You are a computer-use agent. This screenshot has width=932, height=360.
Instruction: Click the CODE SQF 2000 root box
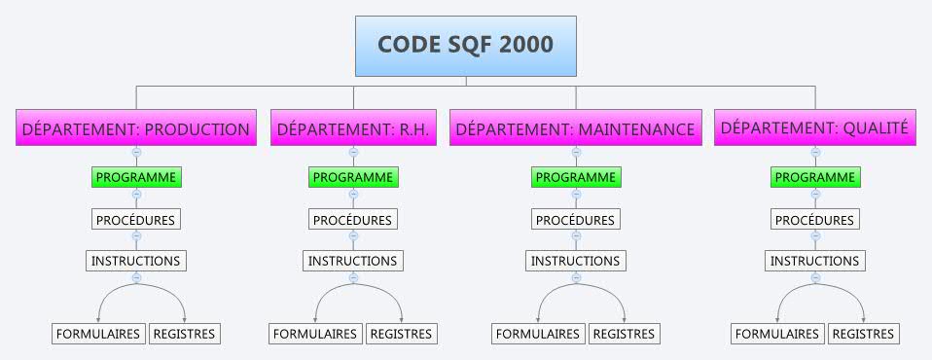(465, 46)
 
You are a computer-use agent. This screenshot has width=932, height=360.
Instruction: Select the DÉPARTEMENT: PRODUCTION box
(136, 128)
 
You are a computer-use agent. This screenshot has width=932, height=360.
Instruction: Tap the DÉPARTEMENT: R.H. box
(353, 128)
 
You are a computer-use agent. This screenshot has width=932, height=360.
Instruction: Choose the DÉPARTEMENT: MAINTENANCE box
(576, 128)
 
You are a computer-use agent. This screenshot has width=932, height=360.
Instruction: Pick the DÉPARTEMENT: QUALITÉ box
(815, 127)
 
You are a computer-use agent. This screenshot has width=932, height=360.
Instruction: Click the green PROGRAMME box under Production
(136, 177)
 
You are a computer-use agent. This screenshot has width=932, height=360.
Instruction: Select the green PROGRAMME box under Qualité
(815, 177)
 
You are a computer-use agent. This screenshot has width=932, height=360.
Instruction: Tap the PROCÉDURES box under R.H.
(353, 220)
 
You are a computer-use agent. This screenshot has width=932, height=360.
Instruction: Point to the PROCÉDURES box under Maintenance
(576, 220)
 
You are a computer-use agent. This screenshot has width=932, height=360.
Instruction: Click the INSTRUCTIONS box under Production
(136, 261)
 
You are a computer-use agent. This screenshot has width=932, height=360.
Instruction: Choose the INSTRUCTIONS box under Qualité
(815, 261)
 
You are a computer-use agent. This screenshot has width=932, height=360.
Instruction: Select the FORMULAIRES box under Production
(98, 334)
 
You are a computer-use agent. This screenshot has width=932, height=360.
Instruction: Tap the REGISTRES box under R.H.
(401, 334)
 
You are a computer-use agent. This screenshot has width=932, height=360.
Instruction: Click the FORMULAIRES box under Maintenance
(539, 334)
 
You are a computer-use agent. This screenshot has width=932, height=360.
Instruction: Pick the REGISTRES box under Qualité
(864, 334)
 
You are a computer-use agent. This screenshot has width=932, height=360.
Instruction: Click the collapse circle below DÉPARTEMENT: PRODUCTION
(136, 152)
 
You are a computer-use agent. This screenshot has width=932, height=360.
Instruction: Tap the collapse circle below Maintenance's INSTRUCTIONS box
(576, 277)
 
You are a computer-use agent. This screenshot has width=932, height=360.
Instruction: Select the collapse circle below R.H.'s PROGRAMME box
(353, 194)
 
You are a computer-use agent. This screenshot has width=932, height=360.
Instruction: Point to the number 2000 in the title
(523, 45)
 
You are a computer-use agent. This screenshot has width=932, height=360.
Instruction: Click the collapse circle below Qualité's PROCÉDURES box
(815, 235)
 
